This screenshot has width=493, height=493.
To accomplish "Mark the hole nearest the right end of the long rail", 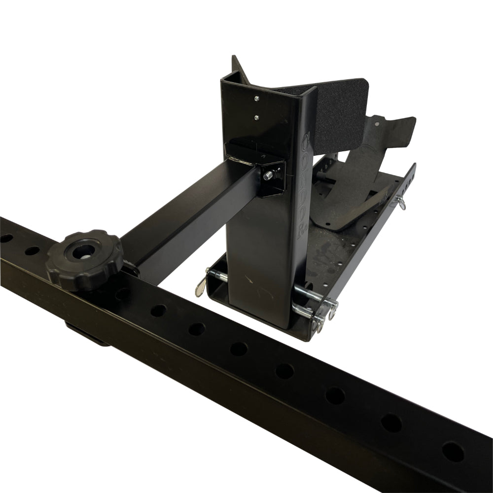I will tap(453, 452).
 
